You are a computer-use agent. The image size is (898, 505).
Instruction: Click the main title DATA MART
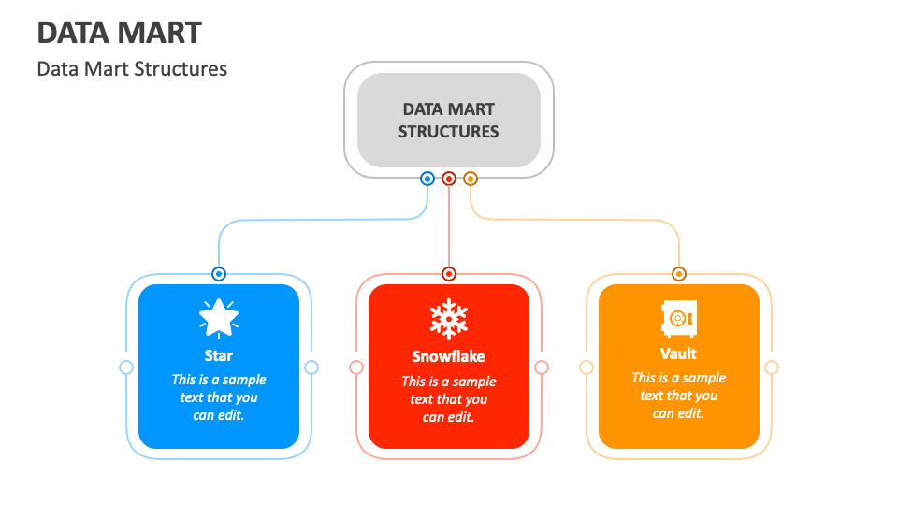119,33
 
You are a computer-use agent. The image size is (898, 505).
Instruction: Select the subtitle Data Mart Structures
132,68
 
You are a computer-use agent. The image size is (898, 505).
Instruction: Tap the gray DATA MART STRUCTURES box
448,121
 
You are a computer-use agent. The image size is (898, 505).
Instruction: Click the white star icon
219,318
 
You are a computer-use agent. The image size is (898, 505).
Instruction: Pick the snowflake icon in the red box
449,320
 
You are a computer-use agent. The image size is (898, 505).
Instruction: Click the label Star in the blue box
219,355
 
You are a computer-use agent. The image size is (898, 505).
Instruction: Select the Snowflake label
449,356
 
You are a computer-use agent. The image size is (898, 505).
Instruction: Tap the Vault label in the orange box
679,353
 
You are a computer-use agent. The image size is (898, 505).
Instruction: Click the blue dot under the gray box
427,179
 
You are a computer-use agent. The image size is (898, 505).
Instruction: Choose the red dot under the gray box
449,179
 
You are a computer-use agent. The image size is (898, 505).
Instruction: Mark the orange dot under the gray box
471,179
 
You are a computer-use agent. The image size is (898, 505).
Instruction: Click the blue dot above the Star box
219,274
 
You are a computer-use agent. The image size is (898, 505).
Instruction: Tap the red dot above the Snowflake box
449,274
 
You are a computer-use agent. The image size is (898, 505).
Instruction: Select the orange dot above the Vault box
679,274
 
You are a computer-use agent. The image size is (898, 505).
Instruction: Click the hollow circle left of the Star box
126,368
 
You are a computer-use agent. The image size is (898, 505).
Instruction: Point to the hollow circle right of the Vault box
772,368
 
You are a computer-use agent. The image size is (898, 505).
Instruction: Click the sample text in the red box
449,399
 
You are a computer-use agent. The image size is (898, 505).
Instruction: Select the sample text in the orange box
679,396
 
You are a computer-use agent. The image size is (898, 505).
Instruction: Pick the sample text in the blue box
219,397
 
